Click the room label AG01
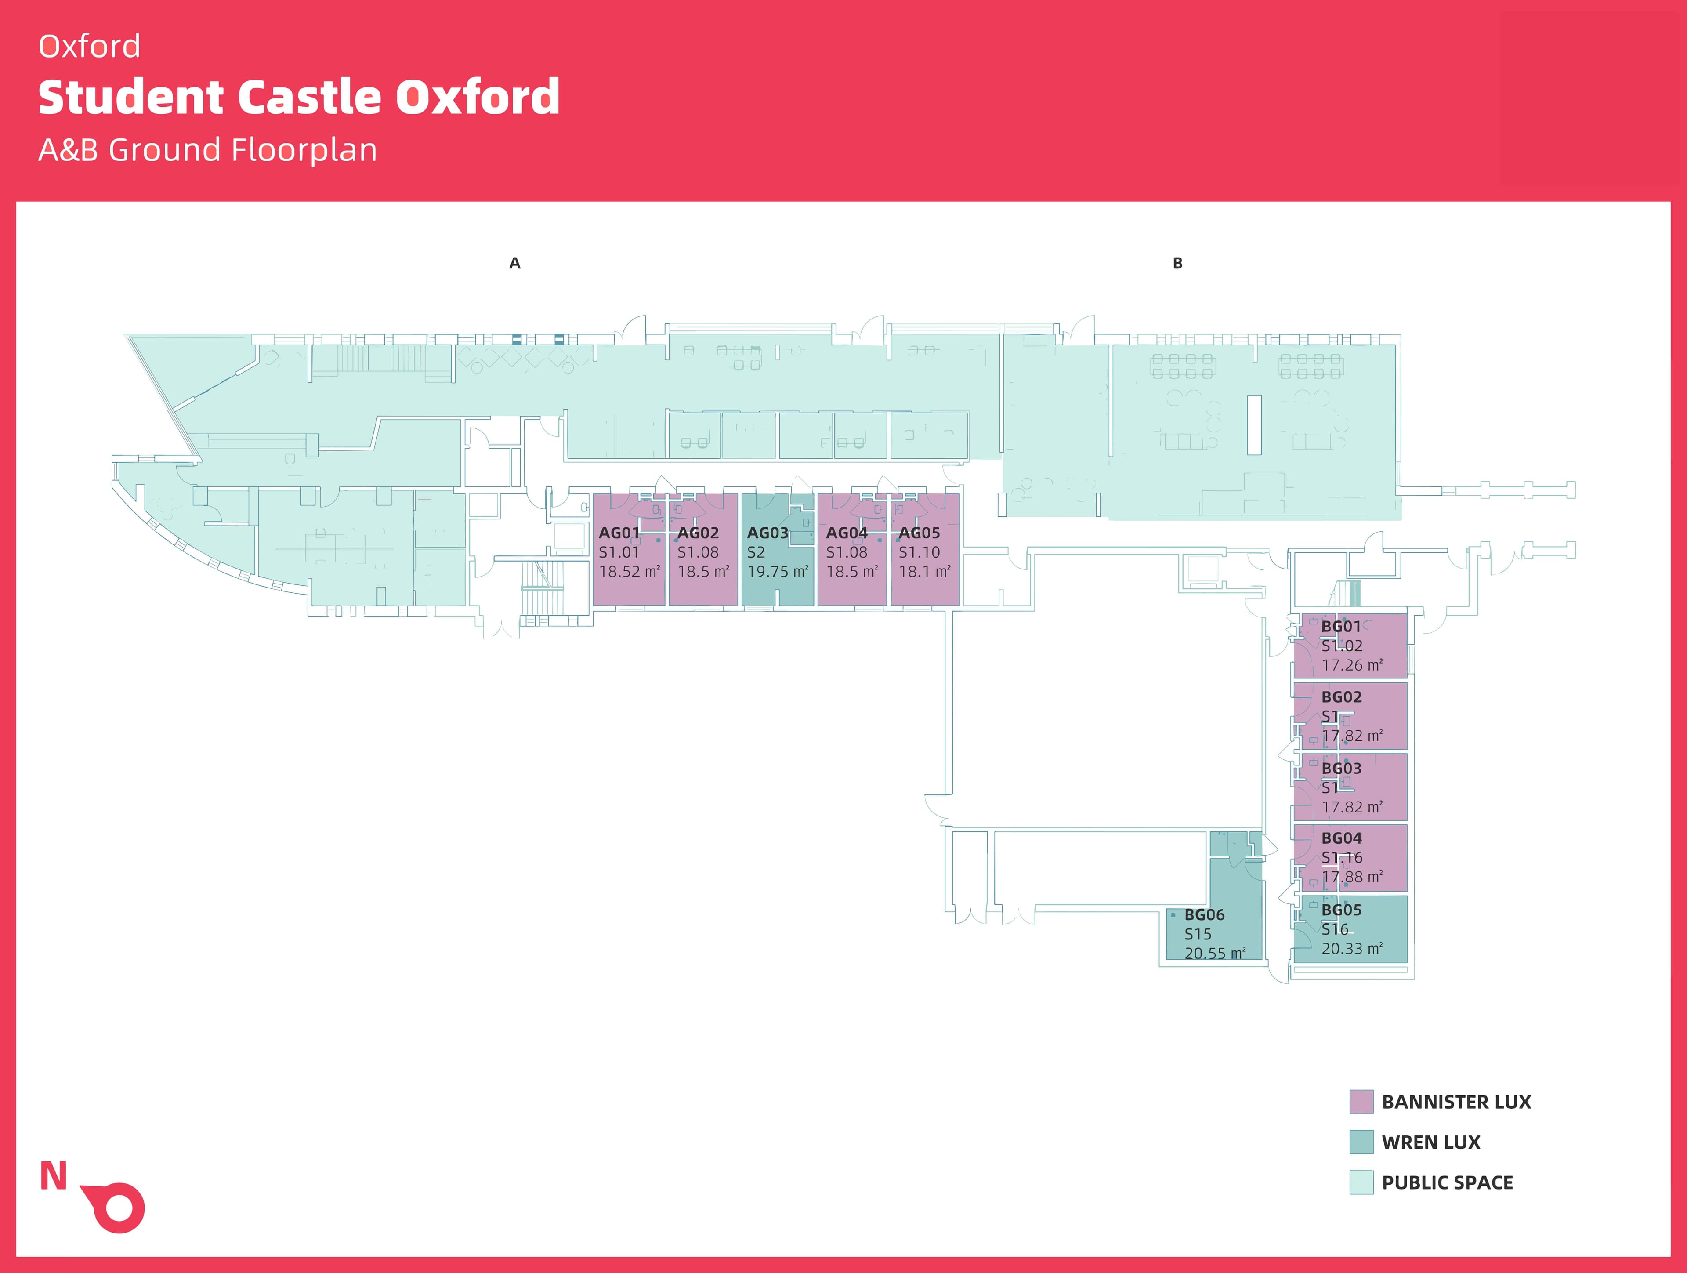point(619,533)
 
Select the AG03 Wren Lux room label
point(767,533)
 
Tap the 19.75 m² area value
point(777,571)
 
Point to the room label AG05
point(919,533)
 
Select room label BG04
point(1341,838)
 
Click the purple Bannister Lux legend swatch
point(1361,1101)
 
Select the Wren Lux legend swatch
point(1361,1142)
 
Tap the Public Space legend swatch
point(1361,1182)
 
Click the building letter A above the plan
point(515,263)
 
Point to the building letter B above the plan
point(1177,263)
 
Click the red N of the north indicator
point(54,1176)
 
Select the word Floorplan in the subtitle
point(304,150)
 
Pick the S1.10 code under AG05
point(919,552)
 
